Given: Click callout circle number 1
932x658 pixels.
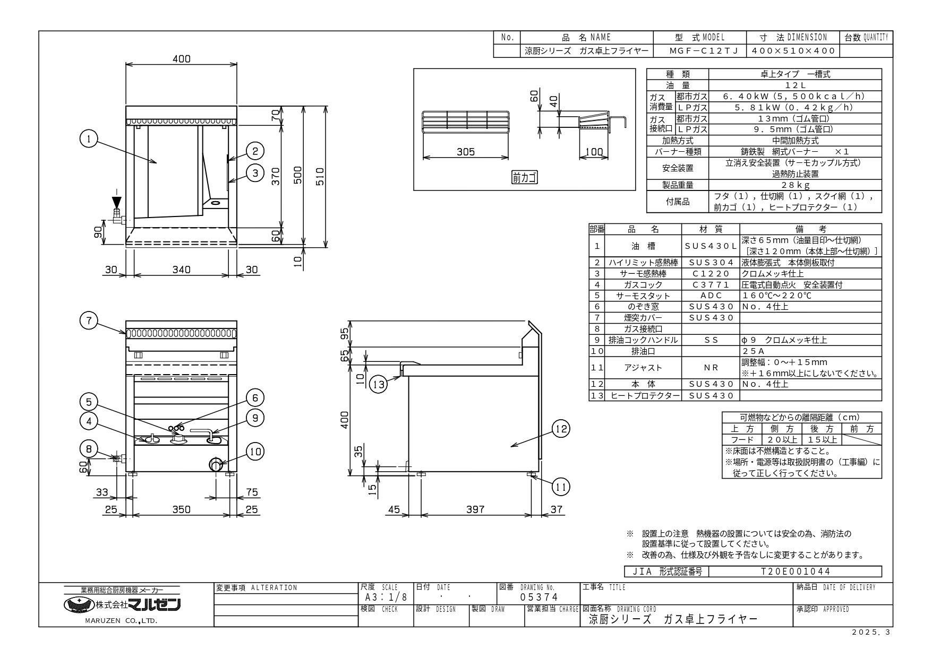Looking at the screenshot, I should (x=89, y=140).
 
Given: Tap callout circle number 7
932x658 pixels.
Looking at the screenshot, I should (x=89, y=321).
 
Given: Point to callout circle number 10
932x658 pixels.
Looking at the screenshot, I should (x=255, y=451).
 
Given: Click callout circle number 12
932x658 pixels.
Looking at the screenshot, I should (x=561, y=429).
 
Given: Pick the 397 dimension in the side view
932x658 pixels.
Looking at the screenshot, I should (x=475, y=509).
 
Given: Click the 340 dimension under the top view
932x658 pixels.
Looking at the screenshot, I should (x=181, y=270).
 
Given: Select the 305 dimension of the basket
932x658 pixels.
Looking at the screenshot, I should (x=465, y=152).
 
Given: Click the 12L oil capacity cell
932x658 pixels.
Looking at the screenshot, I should (x=795, y=85).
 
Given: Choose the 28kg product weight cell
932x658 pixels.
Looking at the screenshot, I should (x=795, y=185).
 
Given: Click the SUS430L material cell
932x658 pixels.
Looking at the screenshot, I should (x=711, y=246).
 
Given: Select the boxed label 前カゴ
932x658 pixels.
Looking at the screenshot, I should (x=524, y=178).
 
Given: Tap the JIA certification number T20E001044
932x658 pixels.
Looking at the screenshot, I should (x=795, y=572).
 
